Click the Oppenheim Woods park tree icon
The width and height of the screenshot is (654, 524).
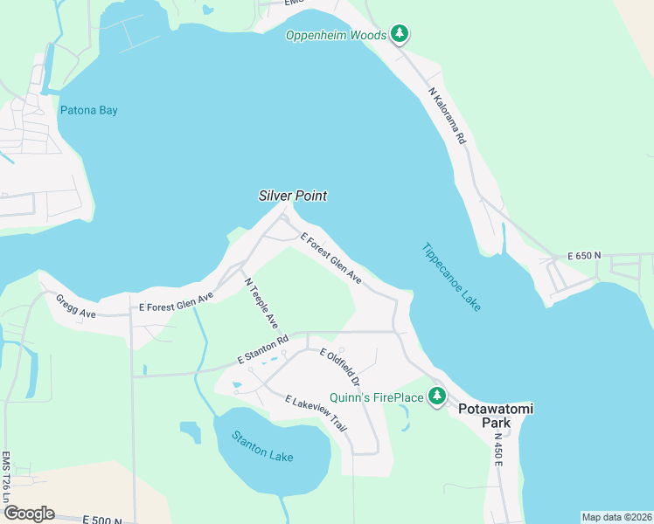coord(400,34)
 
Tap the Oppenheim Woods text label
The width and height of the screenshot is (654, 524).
coord(336,35)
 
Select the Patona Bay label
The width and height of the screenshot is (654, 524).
coord(88,110)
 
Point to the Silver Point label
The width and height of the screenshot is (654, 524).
coord(293,196)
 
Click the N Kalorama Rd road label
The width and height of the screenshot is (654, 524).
coord(448,114)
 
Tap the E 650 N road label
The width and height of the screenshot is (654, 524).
coord(585,256)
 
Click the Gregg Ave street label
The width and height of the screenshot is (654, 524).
coord(74,306)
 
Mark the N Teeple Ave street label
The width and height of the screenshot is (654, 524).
coord(261,303)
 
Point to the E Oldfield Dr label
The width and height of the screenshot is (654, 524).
coord(340,367)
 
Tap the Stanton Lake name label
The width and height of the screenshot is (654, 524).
coord(262,446)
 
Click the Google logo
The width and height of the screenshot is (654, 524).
coord(29,513)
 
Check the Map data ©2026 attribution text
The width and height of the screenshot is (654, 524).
coord(616,517)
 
